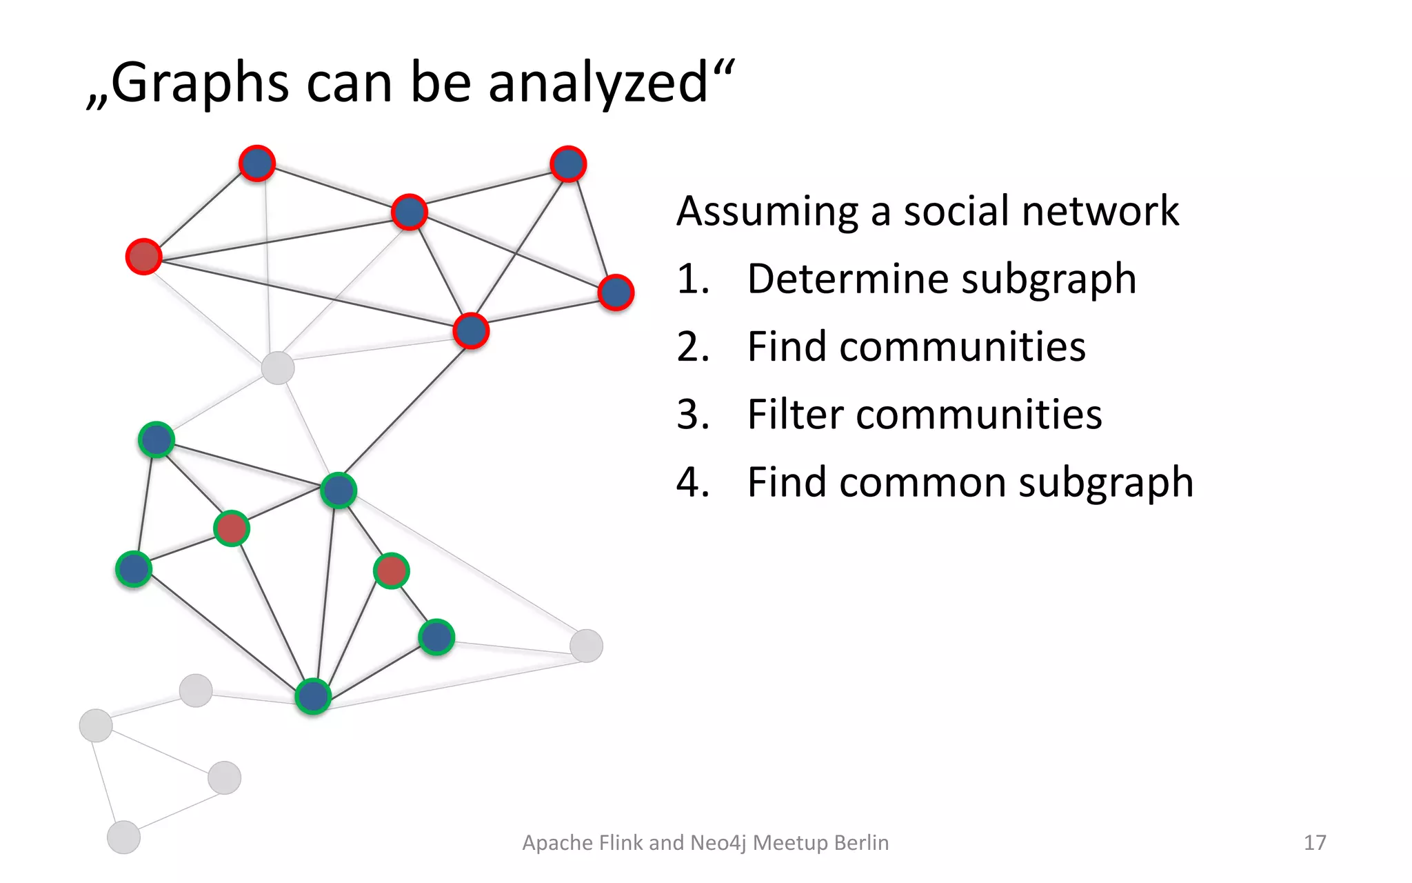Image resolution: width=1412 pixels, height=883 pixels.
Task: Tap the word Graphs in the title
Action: click(x=199, y=83)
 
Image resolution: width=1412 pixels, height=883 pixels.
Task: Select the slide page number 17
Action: click(x=1315, y=842)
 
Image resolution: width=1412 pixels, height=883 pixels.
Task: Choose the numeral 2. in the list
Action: click(x=693, y=346)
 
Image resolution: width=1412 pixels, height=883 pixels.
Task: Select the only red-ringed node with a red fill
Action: click(x=143, y=257)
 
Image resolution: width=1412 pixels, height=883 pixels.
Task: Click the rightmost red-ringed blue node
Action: click(x=616, y=292)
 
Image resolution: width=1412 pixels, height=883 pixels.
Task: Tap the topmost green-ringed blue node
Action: click(x=157, y=439)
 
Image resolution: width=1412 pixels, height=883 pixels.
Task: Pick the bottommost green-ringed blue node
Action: click(x=313, y=696)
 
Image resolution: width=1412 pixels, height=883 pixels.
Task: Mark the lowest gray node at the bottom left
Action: click(x=124, y=837)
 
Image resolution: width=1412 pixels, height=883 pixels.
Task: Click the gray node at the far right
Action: click(x=586, y=646)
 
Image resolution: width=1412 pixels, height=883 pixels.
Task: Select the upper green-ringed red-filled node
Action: click(x=232, y=528)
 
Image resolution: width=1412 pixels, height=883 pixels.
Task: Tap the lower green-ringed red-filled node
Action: click(x=392, y=571)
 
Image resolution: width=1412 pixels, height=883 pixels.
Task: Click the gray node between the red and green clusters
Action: click(x=278, y=368)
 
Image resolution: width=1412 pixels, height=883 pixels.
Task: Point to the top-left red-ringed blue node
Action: click(x=257, y=163)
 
